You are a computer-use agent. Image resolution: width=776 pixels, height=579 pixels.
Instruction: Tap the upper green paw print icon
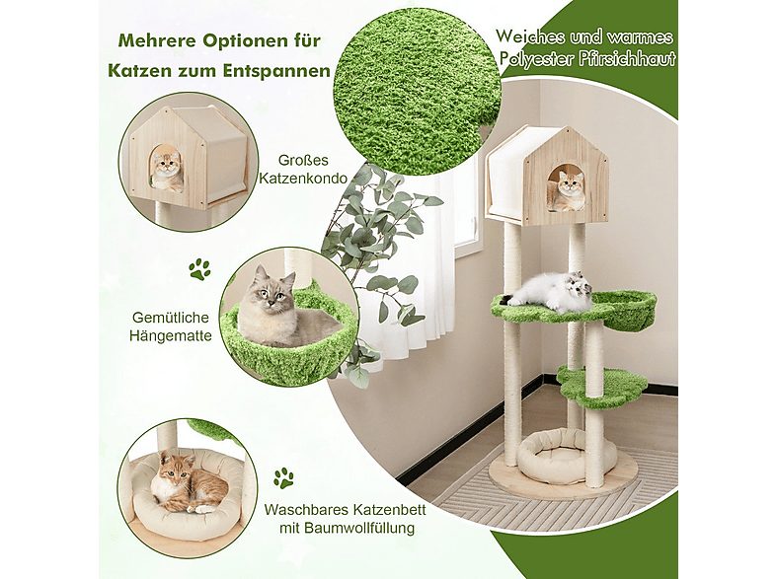(199, 268)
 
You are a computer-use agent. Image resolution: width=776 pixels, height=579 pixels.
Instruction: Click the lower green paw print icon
(284, 478)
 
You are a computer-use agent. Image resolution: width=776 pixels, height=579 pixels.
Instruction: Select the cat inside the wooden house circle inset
(166, 167)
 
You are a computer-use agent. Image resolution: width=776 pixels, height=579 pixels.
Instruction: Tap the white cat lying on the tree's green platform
(553, 291)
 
